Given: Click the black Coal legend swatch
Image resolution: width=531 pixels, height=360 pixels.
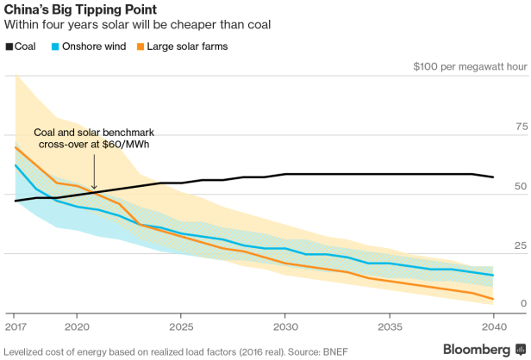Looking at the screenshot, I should (x=9, y=46).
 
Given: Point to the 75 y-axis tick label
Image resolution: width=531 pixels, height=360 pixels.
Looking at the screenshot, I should (x=521, y=127).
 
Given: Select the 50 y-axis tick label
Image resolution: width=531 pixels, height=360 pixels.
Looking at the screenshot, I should (x=521, y=186).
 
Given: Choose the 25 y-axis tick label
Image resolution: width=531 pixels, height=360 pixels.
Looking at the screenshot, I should (x=521, y=246).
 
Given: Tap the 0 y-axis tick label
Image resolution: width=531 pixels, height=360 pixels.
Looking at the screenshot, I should (x=523, y=304).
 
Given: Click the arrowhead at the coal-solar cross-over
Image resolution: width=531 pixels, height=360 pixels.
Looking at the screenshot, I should (x=94, y=187).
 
